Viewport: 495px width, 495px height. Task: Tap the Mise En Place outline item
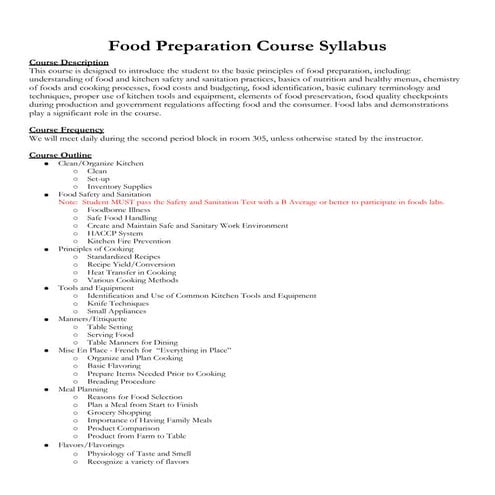pyautogui.click(x=144, y=350)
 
